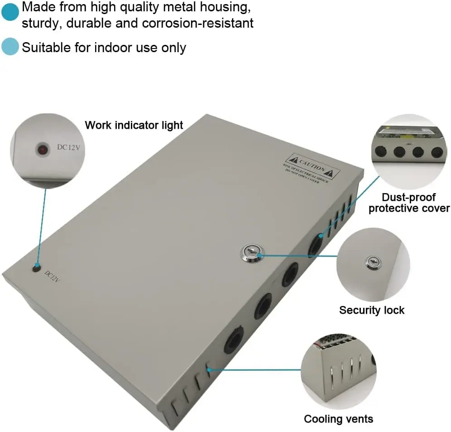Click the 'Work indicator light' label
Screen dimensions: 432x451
click(x=134, y=125)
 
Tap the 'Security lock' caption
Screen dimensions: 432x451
click(x=371, y=310)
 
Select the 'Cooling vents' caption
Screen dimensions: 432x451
click(x=338, y=418)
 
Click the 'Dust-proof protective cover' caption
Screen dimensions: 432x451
click(x=408, y=203)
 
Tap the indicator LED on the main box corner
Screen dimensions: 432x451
click(x=36, y=268)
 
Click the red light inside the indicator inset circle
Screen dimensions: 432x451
click(x=43, y=149)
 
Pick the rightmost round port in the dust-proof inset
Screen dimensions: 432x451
click(x=436, y=152)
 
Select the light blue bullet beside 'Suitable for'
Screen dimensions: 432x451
click(x=10, y=47)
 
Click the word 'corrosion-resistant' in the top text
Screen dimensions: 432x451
click(x=198, y=24)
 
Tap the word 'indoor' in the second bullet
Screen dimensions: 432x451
click(x=114, y=47)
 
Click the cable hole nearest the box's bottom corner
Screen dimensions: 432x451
click(x=233, y=338)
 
